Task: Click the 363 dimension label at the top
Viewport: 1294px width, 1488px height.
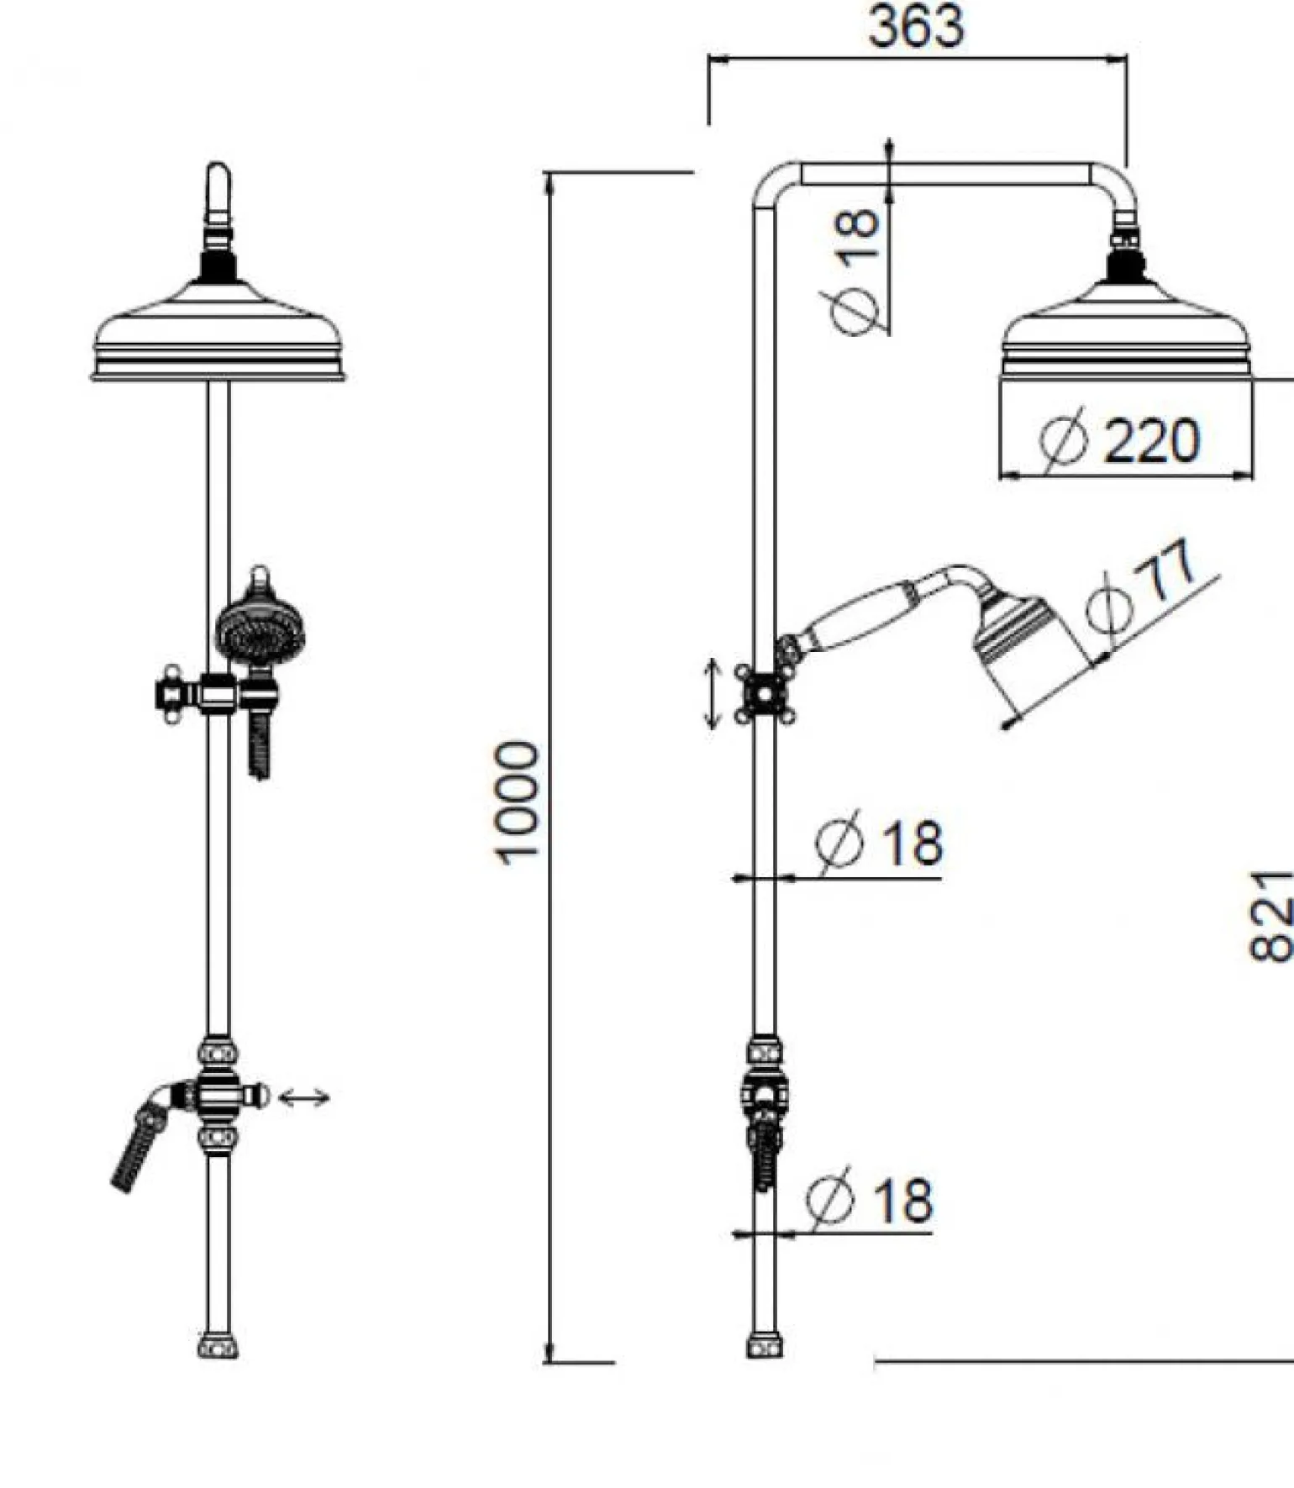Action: pyautogui.click(x=916, y=26)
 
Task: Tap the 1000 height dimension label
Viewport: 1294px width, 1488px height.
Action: pyautogui.click(x=515, y=802)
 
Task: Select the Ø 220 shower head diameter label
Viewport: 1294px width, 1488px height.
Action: pyautogui.click(x=1119, y=439)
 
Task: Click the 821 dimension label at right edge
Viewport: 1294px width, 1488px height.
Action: pyautogui.click(x=1270, y=916)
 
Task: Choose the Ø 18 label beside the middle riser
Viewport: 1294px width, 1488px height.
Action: pyautogui.click(x=880, y=841)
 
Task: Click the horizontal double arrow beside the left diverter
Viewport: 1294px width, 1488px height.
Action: pyautogui.click(x=303, y=1097)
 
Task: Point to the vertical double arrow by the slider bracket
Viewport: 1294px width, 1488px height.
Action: pyautogui.click(x=712, y=693)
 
